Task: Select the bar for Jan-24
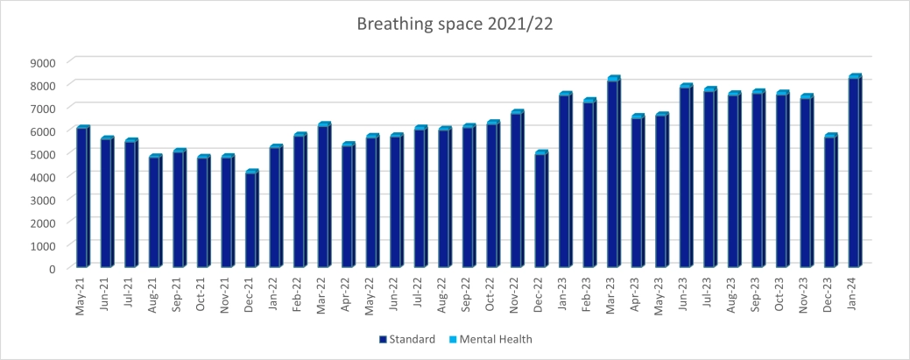[855, 172]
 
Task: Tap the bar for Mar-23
[613, 173]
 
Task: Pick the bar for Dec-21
[251, 219]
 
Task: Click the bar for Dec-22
[540, 209]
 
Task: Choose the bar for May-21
[82, 197]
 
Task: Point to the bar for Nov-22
[517, 189]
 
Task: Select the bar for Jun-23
[686, 176]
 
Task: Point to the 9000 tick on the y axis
[43, 62]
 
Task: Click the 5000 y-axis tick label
[43, 154]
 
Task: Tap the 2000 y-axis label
[43, 223]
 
